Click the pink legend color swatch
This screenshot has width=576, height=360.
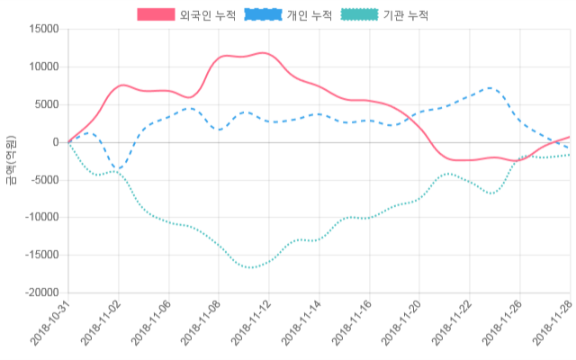point(156,15)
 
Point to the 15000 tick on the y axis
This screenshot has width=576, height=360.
point(41,29)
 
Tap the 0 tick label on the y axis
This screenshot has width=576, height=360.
point(55,142)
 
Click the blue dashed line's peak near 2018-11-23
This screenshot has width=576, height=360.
point(489,88)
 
